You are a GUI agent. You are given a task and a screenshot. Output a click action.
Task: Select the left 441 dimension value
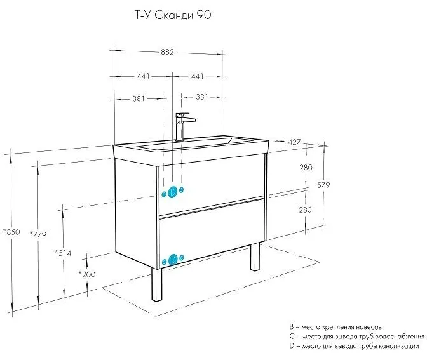point(142,76)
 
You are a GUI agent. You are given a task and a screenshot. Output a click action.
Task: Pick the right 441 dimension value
point(197,76)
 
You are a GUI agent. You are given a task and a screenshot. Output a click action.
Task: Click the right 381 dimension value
point(202,98)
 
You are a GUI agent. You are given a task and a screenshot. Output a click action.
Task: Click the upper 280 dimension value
point(306,168)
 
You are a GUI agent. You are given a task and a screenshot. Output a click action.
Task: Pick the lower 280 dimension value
point(306,210)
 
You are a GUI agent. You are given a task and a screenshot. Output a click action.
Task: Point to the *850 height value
point(12,232)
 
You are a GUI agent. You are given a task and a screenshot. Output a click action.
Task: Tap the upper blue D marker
point(173,192)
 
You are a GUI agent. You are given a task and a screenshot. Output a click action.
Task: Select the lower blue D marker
point(173,259)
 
